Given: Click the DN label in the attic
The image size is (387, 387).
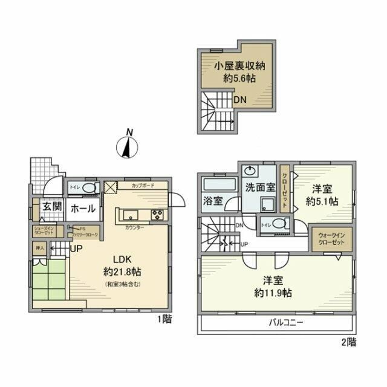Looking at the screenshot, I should pyautogui.click(x=240, y=100).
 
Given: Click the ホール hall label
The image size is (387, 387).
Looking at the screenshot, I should pyautogui.click(x=82, y=209).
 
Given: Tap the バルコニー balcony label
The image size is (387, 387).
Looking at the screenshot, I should pyautogui.click(x=286, y=323).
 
